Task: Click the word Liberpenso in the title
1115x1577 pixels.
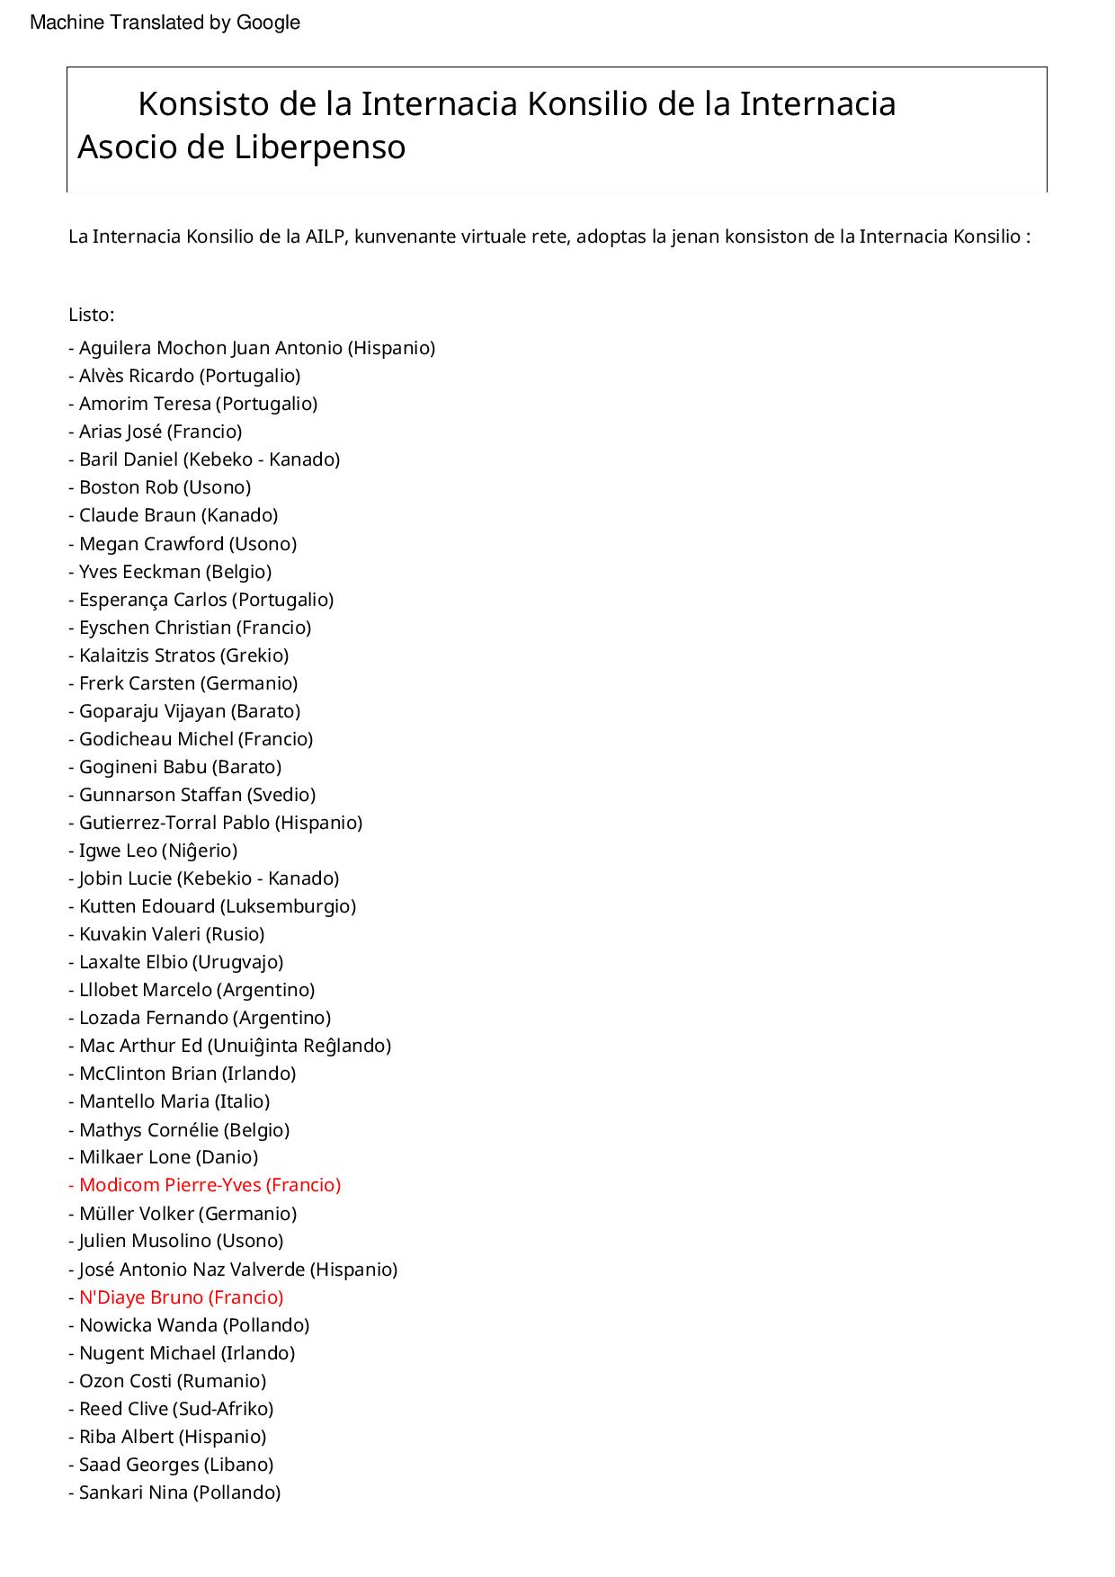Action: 319,147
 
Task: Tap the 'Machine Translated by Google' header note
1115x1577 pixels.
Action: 165,22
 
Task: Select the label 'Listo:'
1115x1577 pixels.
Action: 91,315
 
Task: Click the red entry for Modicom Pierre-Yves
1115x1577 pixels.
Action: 205,1185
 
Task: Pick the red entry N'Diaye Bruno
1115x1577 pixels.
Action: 176,1297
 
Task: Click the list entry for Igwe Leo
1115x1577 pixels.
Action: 153,851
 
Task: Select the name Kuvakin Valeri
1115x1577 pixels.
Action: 140,934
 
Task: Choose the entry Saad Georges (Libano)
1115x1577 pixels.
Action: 171,1465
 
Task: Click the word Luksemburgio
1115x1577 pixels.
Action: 288,906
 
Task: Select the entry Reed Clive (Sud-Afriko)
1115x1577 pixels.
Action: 171,1409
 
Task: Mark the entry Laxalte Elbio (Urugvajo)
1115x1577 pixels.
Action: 175,962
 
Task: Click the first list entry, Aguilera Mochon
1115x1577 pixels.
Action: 252,348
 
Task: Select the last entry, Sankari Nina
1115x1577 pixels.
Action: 174,1492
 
